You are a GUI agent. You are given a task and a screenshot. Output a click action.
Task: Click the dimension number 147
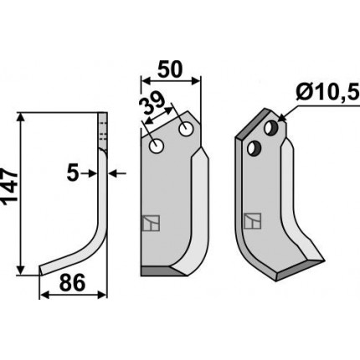(x=9, y=186)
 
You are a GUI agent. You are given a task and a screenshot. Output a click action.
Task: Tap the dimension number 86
(x=72, y=282)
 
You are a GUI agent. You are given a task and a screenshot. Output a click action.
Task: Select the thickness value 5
(x=73, y=174)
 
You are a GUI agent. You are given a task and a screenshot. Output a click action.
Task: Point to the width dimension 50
(x=170, y=69)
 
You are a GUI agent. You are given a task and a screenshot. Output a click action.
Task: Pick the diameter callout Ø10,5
(x=327, y=92)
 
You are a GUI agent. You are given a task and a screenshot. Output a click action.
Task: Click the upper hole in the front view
(x=187, y=129)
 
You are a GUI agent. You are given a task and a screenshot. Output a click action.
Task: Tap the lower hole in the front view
(x=157, y=146)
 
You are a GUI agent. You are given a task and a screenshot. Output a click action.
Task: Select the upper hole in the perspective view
(x=271, y=127)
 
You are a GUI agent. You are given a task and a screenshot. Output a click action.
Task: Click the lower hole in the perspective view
(x=254, y=148)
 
